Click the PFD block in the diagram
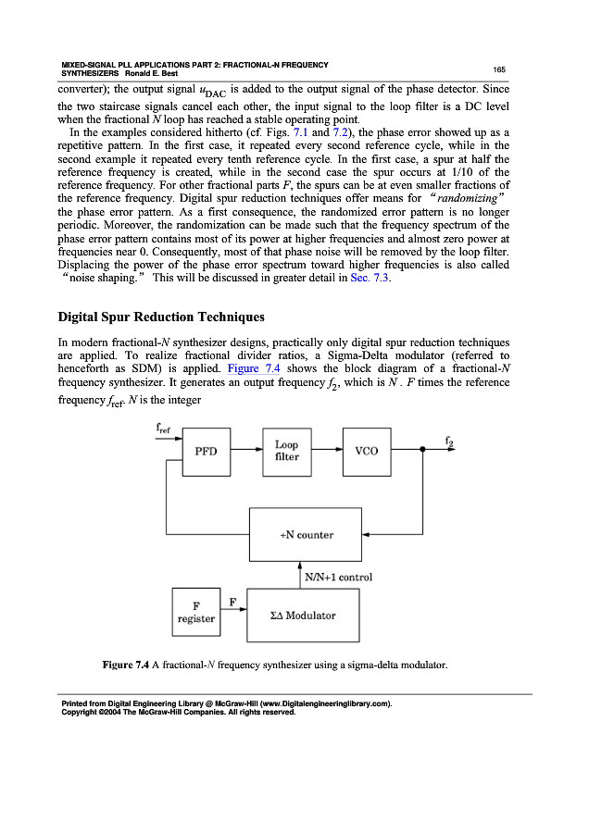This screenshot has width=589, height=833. [x=206, y=451]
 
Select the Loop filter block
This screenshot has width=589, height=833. [x=287, y=451]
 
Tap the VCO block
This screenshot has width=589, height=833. [x=367, y=451]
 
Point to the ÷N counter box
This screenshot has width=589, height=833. [x=306, y=534]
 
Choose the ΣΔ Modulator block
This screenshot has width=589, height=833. [x=303, y=615]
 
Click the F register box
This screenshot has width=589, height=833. [x=195, y=612]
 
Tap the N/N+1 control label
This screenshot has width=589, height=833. [x=338, y=578]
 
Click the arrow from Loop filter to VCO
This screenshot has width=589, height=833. [x=327, y=451]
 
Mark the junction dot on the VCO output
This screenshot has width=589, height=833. [x=422, y=451]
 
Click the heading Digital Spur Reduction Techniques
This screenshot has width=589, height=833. [x=160, y=317]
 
